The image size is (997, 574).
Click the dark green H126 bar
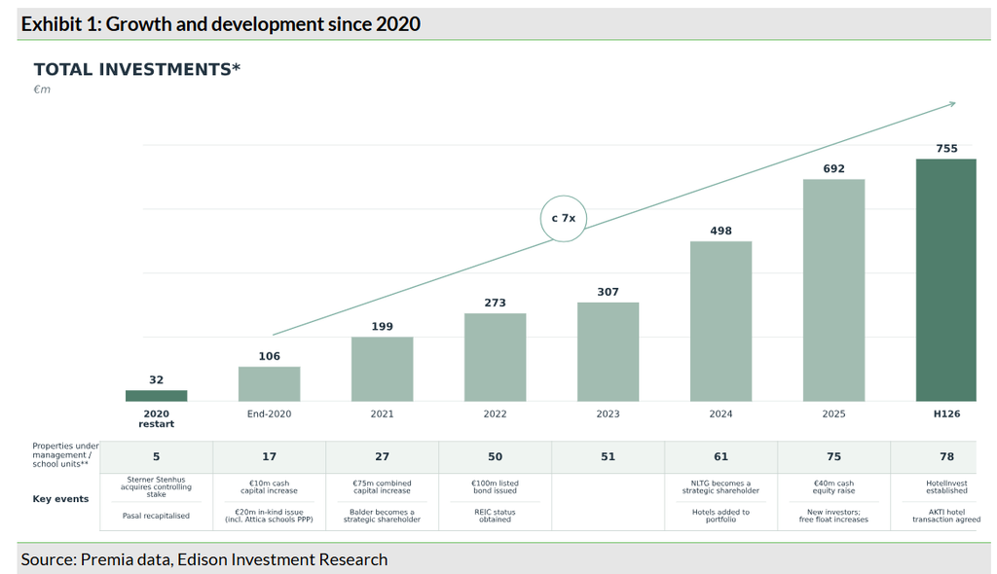point(946,279)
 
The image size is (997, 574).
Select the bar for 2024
point(721,321)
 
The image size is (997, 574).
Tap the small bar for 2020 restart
point(157,395)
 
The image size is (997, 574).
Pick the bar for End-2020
point(269,384)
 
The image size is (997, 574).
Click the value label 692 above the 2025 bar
point(833,168)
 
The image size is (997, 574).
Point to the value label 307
point(608,292)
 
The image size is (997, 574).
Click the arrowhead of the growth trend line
point(952,104)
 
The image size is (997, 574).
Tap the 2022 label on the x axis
point(495,413)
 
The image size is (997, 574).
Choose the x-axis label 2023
point(608,413)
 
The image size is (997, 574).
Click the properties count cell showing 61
point(721,456)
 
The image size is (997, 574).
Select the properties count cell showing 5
point(157,456)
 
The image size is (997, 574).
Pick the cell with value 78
point(946,456)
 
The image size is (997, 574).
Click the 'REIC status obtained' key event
point(495,516)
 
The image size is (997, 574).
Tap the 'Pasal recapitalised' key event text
point(156,516)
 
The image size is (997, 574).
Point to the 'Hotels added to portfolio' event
point(721,516)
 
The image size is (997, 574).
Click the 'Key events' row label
point(60,499)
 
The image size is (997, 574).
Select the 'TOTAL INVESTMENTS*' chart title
point(136,69)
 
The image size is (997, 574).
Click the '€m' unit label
point(42,90)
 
